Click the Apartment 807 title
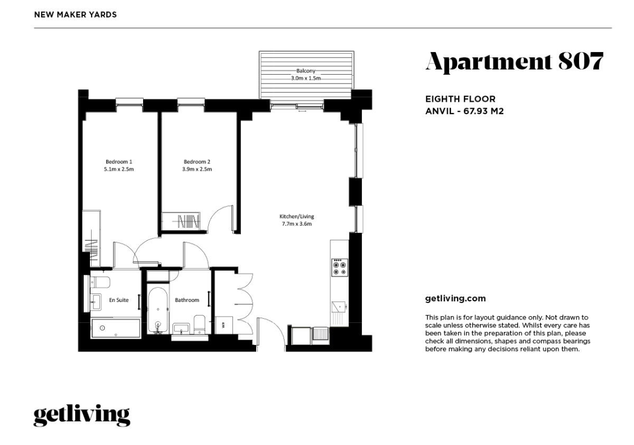(x=514, y=62)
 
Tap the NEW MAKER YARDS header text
(x=75, y=15)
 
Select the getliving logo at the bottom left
(x=81, y=416)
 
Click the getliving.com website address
(x=455, y=299)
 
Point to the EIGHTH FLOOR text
(x=460, y=99)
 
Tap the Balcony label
(x=305, y=71)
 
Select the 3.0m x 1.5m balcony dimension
(x=305, y=79)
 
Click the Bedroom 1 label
(x=119, y=162)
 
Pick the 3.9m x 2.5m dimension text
(x=197, y=170)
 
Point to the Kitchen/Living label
(x=297, y=216)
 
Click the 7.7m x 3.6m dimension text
(x=297, y=224)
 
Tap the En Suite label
(x=119, y=300)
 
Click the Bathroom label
(x=187, y=300)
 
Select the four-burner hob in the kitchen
(x=340, y=267)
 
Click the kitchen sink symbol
(x=339, y=307)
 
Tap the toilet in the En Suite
(x=100, y=282)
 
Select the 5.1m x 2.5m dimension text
(x=119, y=170)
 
